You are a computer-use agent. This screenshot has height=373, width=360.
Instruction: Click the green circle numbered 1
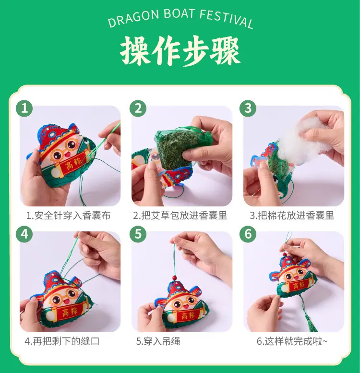24,108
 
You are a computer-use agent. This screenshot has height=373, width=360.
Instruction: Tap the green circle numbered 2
138,108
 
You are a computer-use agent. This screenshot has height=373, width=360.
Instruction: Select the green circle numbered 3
248,108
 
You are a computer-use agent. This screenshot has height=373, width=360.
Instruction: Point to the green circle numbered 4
24,234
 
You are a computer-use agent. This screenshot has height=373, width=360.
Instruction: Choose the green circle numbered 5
138,234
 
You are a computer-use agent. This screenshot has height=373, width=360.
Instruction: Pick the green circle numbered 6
248,234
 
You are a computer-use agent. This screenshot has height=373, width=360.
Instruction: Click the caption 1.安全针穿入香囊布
69,216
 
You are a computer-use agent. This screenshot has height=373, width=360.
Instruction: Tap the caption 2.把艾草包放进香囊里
180,216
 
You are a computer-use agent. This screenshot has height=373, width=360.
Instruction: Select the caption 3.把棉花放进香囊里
292,216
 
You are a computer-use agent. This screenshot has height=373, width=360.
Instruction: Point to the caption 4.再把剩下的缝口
62,341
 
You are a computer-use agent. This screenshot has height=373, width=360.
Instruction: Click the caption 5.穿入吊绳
158,341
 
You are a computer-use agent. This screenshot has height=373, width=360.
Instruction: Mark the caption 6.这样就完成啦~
292,341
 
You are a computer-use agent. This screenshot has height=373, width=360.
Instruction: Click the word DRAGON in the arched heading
133,18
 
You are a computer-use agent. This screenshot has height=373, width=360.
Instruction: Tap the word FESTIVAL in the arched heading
226,19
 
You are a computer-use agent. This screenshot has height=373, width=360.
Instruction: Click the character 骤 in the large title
225,51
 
